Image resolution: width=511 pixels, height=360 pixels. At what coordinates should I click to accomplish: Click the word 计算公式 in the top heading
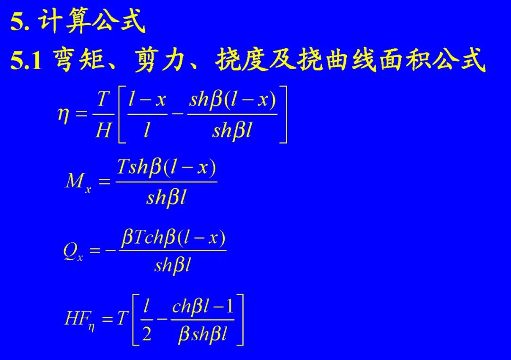click(92, 22)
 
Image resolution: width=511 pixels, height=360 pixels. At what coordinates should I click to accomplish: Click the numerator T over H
click(103, 100)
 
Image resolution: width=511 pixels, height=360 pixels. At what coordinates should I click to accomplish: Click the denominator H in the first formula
click(103, 130)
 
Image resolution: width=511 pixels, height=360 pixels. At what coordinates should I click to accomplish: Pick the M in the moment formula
click(74, 181)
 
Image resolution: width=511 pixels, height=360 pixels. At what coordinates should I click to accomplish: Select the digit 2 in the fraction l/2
click(147, 335)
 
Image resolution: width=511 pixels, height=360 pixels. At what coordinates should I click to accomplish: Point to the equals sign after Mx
click(104, 182)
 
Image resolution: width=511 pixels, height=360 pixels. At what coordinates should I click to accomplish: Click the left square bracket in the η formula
click(121, 115)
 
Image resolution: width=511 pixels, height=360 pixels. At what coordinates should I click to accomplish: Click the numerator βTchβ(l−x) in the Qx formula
click(173, 237)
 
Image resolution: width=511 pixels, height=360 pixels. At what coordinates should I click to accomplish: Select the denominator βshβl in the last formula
click(203, 335)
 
